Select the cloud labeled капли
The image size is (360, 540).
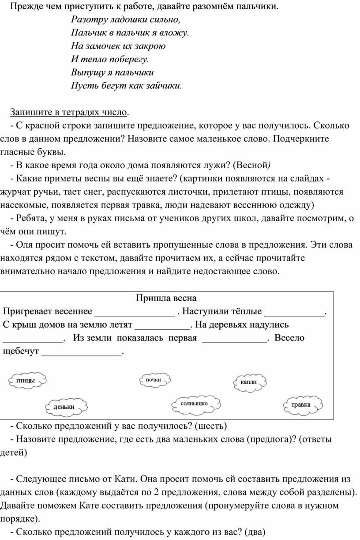click(x=249, y=381)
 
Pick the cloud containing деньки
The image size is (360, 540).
click(x=64, y=407)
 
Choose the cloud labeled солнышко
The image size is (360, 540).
click(x=195, y=404)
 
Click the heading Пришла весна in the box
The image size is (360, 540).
click(x=166, y=298)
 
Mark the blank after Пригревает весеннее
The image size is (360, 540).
click(x=135, y=312)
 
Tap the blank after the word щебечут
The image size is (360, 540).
click(x=81, y=351)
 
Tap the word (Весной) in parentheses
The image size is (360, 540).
click(x=251, y=165)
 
